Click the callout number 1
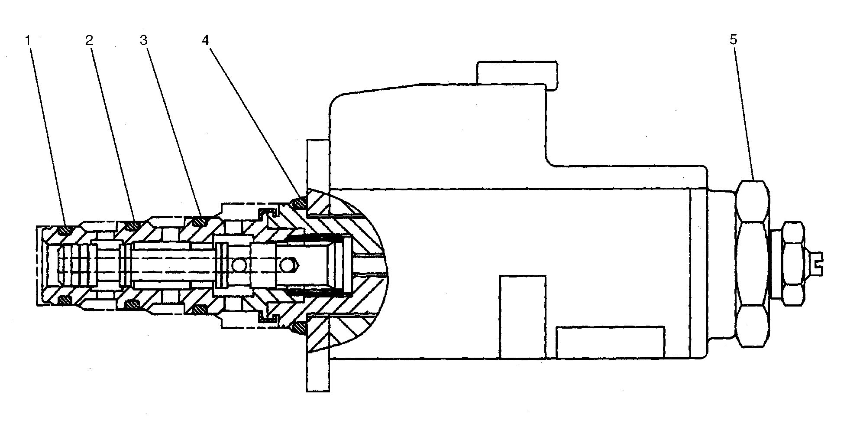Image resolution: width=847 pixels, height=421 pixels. pyautogui.click(x=28, y=40)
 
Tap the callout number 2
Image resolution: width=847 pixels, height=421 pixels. pyautogui.click(x=89, y=40)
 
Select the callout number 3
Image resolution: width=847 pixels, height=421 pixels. pyautogui.click(x=144, y=40)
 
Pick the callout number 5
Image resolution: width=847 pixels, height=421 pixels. pyautogui.click(x=733, y=39)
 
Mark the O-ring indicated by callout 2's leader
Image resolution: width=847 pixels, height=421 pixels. pyautogui.click(x=131, y=225)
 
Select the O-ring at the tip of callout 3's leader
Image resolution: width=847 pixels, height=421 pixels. pyautogui.click(x=199, y=221)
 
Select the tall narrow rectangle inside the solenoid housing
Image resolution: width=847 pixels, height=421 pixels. pyautogui.click(x=523, y=317)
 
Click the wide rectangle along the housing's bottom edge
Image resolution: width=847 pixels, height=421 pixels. pyautogui.click(x=611, y=343)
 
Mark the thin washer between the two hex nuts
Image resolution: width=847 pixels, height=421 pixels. pyautogui.click(x=775, y=264)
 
